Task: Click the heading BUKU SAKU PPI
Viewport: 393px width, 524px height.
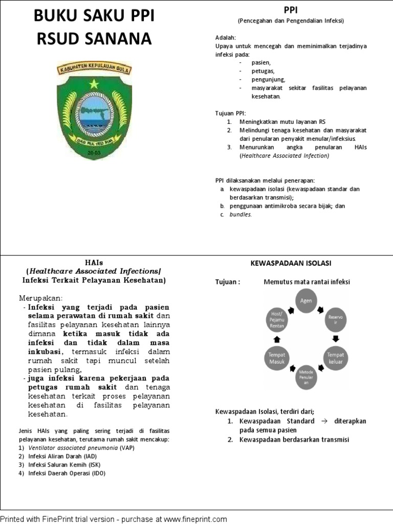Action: click(94, 17)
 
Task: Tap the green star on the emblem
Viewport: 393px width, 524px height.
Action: click(94, 83)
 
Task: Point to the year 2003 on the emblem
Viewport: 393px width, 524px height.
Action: click(94, 152)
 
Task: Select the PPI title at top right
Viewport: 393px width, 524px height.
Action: click(290, 10)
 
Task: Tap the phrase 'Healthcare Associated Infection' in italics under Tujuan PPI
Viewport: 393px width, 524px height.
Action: click(284, 156)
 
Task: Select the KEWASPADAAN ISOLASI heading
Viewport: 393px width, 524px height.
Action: click(290, 263)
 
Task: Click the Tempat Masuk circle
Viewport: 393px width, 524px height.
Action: click(276, 358)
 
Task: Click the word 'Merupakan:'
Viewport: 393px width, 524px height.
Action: click(41, 298)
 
